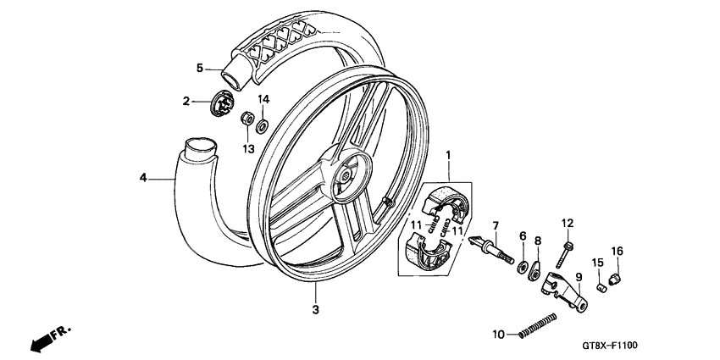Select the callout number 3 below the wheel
tap(315, 310)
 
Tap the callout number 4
tap(144, 177)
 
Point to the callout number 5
tap(200, 68)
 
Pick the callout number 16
tap(618, 251)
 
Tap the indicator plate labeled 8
tap(535, 273)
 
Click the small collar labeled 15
tap(601, 286)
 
